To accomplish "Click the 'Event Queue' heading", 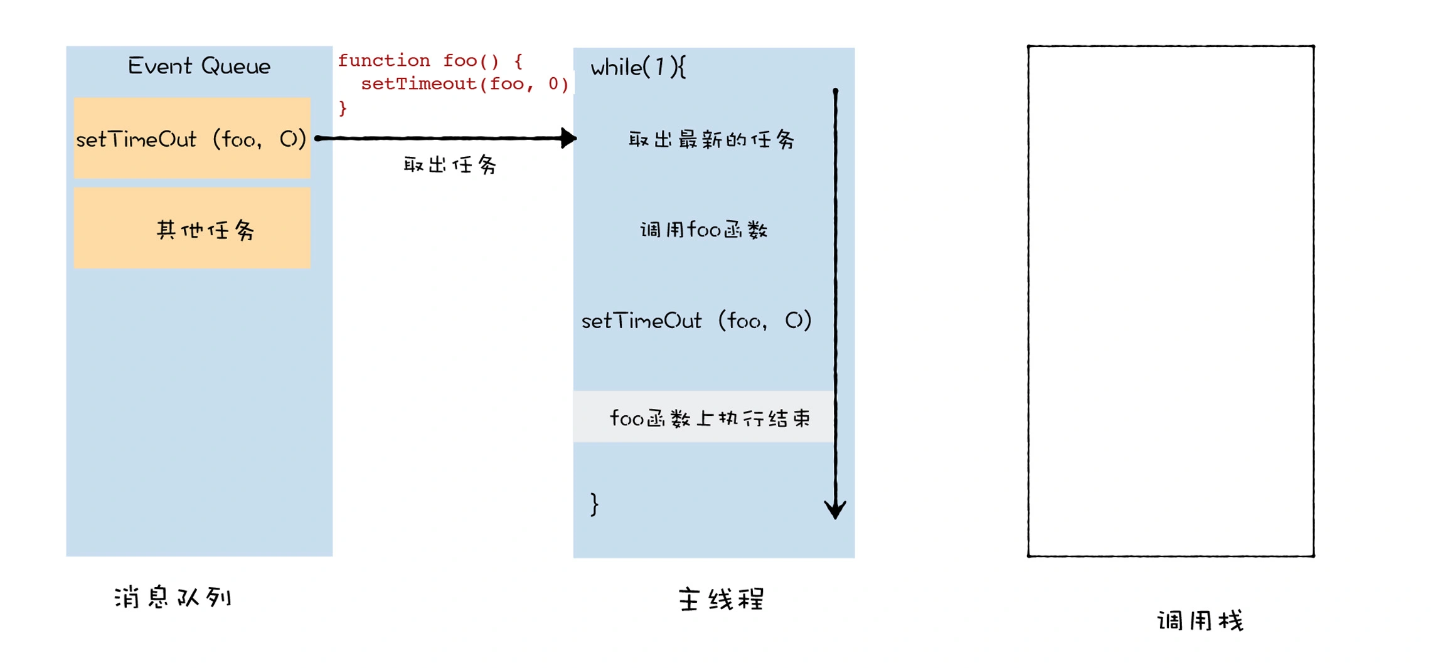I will [199, 66].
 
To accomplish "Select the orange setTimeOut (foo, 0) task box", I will [192, 138].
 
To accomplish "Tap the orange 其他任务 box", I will [192, 228].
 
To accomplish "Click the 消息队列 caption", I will [173, 597].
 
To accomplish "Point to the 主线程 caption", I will [721, 600].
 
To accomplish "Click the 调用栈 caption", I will [1200, 621].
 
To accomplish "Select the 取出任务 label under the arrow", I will [450, 165].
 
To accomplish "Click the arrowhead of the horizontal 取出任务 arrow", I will [568, 138].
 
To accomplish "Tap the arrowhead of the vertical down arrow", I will [835, 509].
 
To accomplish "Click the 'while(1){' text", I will [638, 67].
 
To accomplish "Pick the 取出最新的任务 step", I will [711, 139].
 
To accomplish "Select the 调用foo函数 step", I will [703, 230].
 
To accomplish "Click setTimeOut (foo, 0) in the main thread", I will [696, 321].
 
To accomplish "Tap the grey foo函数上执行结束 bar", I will [703, 417].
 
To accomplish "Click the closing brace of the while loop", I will [594, 504].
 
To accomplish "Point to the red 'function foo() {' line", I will [430, 61].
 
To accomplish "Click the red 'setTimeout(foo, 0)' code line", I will [464, 84].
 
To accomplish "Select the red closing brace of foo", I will [343, 108].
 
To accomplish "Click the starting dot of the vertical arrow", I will [835, 92].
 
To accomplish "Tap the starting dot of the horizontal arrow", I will [318, 138].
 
